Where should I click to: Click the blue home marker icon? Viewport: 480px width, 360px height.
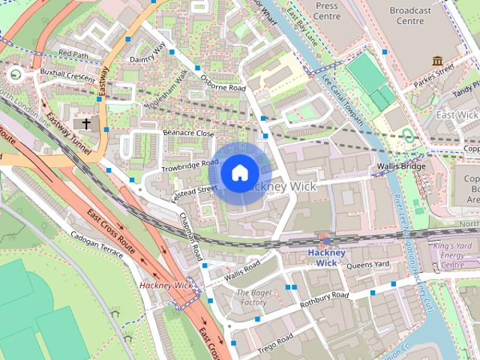tap(239, 173)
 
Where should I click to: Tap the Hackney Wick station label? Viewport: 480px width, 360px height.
tap(327, 257)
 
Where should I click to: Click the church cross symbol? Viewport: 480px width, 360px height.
tap(86, 124)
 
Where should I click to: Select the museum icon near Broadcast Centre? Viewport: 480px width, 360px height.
tap(437, 60)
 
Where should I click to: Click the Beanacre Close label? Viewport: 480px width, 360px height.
tap(188, 133)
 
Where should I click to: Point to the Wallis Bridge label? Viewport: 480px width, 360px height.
tap(401, 166)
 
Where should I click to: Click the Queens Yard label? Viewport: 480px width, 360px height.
tap(367, 264)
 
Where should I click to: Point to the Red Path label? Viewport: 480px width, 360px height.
tap(73, 54)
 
